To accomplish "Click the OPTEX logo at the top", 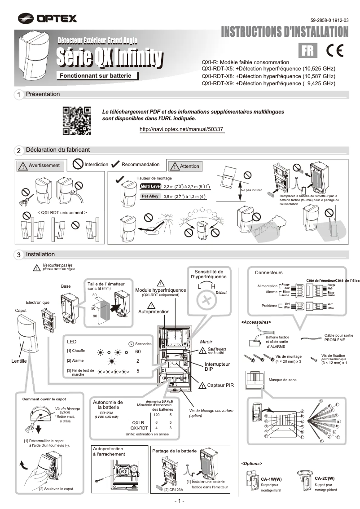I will pos(48,18).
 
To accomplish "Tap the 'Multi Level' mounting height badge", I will pos(150,186).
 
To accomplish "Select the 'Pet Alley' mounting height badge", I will pos(150,196).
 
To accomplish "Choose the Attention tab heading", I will pos(185,166).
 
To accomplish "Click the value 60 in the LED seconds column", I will pos(138,351).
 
